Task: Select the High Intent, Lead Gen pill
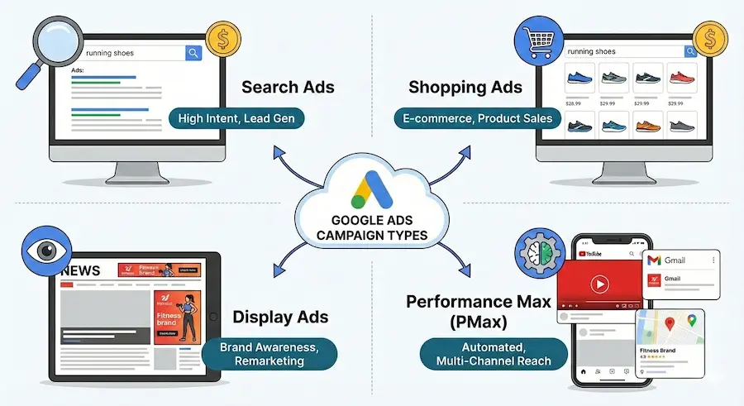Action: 236,119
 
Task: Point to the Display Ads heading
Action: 280,317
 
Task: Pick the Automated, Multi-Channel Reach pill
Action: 483,353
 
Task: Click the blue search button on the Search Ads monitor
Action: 193,54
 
